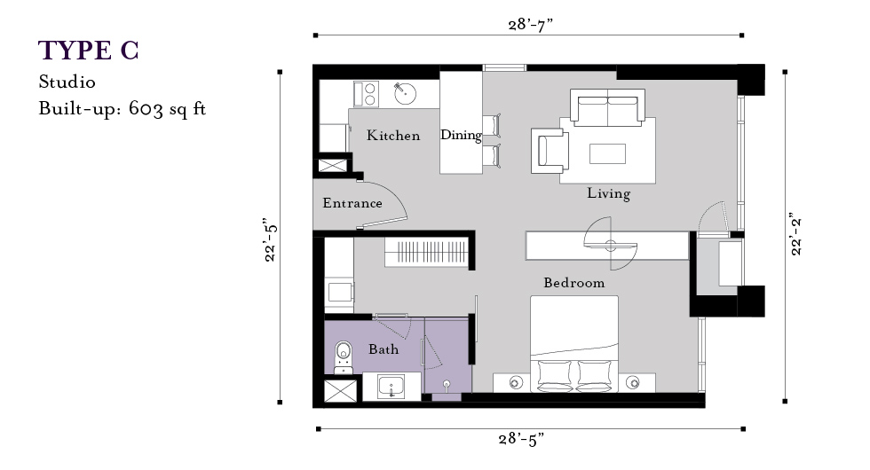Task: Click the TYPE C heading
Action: pos(88,51)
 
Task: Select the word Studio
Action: pos(67,82)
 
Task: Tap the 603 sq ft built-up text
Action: pos(167,108)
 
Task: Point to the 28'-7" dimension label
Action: pos(531,25)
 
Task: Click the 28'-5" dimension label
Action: pos(521,440)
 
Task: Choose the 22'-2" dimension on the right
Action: pos(796,233)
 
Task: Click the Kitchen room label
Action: pos(393,135)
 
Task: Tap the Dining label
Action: pos(461,135)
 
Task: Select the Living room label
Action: pos(609,193)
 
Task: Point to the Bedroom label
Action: pos(574,283)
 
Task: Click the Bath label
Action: pos(384,349)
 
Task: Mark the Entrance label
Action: pos(352,203)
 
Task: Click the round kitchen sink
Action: pos(406,93)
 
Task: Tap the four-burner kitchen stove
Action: pos(366,94)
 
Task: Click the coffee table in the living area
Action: pos(607,153)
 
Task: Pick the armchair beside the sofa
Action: pos(550,150)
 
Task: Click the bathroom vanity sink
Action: pos(391,387)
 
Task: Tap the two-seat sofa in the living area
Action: pos(607,107)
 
